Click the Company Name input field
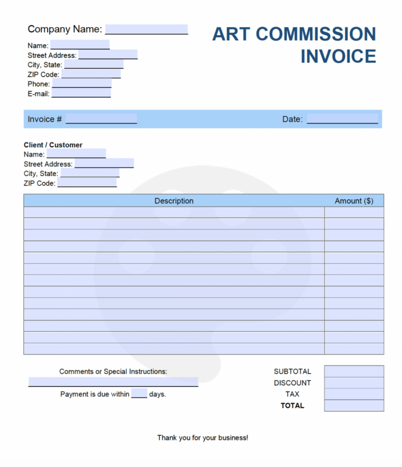coord(147,29)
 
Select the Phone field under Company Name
coord(82,84)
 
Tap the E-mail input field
coord(81,94)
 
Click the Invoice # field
coord(101,119)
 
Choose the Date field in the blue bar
coord(342,119)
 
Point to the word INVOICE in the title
coord(338,56)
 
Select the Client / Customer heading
coord(53,145)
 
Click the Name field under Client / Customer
coord(76,154)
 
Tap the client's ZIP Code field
coord(87,183)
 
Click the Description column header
coord(174,201)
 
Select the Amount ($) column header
coord(354,201)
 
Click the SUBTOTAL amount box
coord(354,371)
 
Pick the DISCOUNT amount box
coord(354,383)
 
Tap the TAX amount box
coord(354,394)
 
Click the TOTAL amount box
coord(354,405)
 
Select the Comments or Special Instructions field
coord(113,382)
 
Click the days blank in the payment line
coord(139,394)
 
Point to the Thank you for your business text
coord(203,438)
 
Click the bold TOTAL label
coord(292,405)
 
